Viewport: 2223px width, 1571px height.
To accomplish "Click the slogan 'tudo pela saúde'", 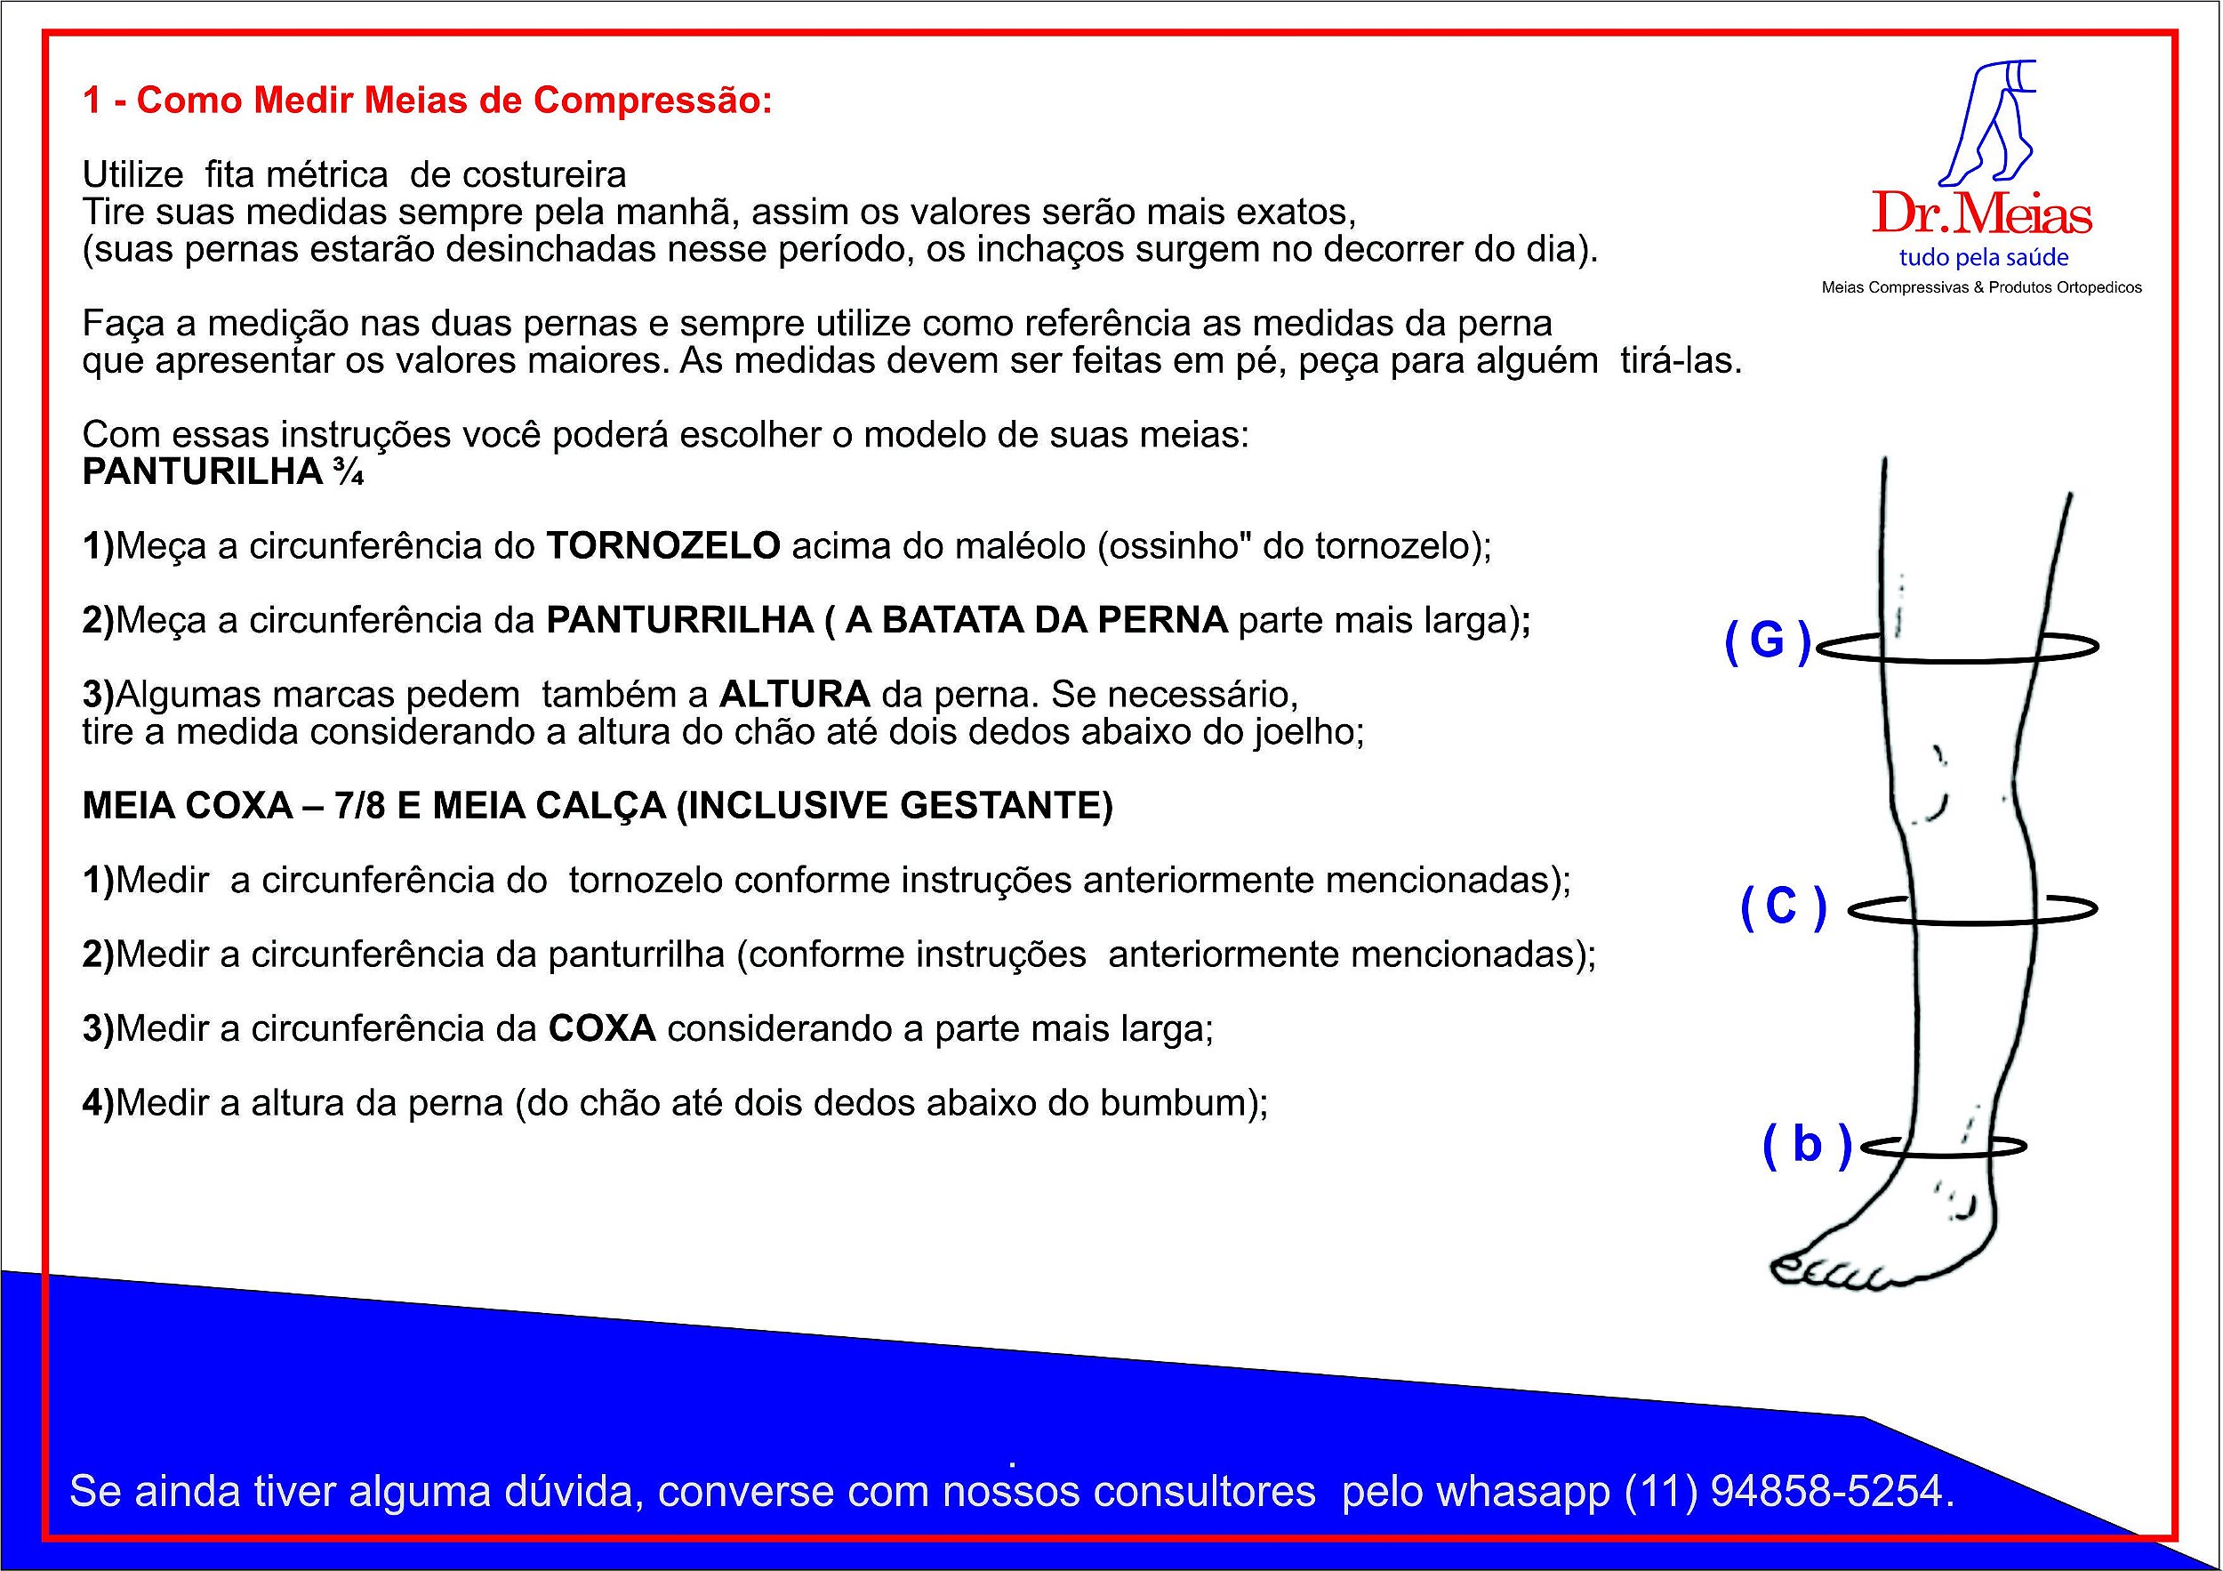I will [1983, 258].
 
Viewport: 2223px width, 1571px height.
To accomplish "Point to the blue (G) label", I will [1767, 642].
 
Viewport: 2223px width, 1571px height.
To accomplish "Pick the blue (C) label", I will [1783, 907].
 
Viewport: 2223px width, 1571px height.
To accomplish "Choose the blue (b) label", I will [1806, 1145].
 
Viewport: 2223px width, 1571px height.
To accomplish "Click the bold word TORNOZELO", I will [663, 546].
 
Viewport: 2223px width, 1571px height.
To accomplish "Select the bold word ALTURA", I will [794, 695].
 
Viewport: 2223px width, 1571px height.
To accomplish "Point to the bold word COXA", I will [602, 1027].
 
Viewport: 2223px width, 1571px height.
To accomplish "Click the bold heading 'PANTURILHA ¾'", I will [222, 471].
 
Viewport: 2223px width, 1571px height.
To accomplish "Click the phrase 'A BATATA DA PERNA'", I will [1036, 620].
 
